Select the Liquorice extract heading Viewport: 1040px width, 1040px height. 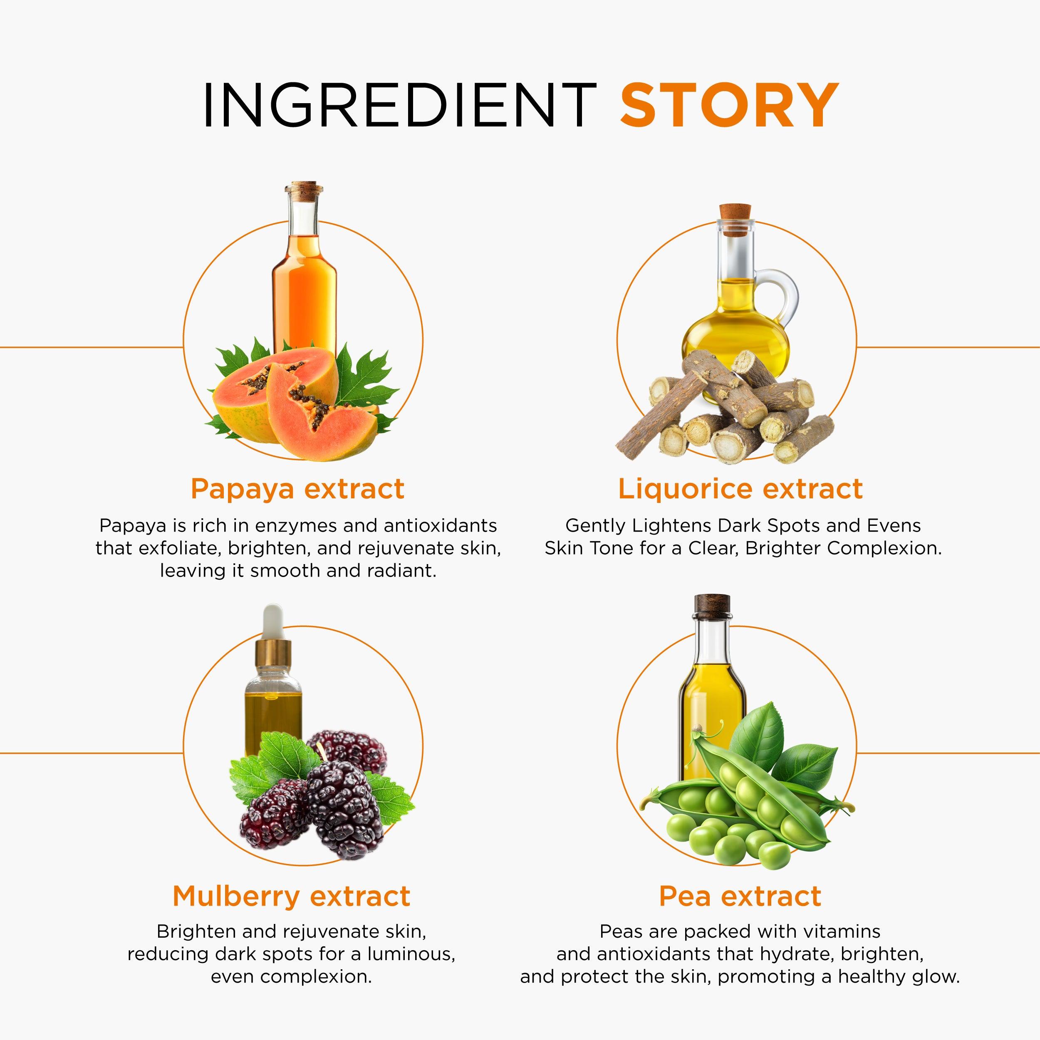(x=740, y=489)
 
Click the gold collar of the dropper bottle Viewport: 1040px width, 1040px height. (x=273, y=653)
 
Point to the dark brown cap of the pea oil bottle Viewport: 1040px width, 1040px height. (x=712, y=604)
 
